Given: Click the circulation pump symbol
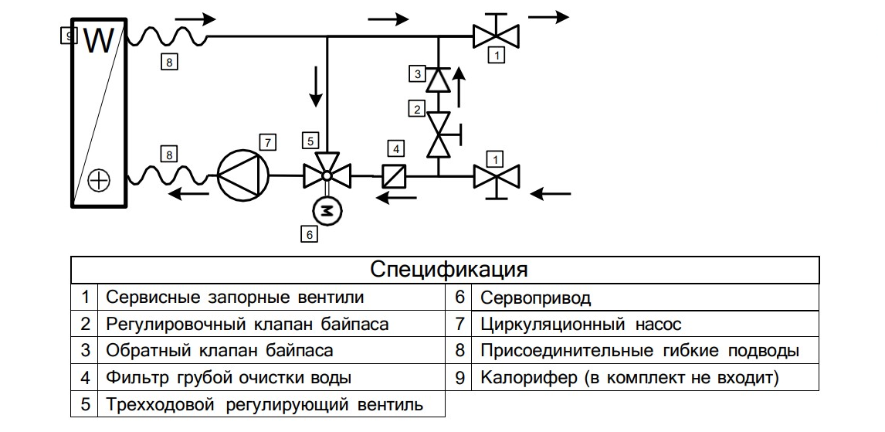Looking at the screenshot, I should pos(242,176).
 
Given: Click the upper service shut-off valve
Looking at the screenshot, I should pos(496,36).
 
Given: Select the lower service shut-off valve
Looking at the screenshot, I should pos(496,177).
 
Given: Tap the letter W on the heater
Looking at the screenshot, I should pos(98,42).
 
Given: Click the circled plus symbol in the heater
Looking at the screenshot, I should pos(99,181).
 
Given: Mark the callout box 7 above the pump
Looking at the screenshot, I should pos(267,142).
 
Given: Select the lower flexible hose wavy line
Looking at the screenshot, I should pos(167,176).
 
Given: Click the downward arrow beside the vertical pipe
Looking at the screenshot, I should pos(315,87).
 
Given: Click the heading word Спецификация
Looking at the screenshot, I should pos(449,270).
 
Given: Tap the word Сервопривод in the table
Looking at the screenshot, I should pos(535,298).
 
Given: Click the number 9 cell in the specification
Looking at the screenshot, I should pos(459,378).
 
